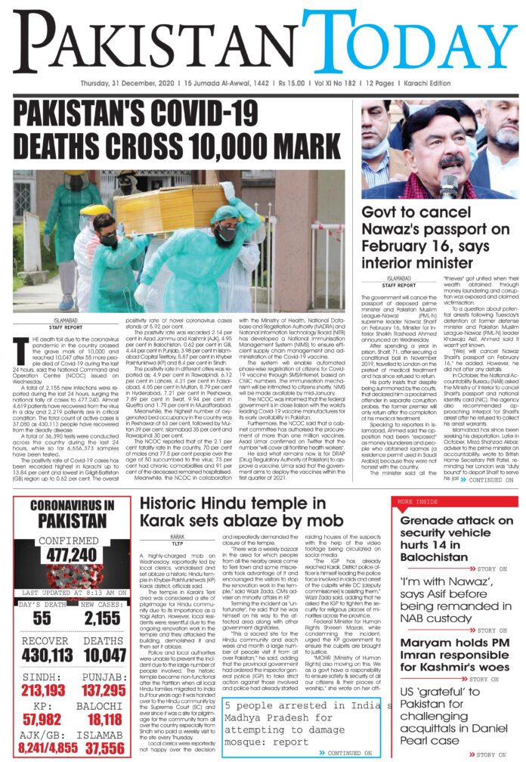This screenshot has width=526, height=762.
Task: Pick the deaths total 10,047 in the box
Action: tap(101, 655)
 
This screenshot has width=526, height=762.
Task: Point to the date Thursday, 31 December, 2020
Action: tap(128, 82)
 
